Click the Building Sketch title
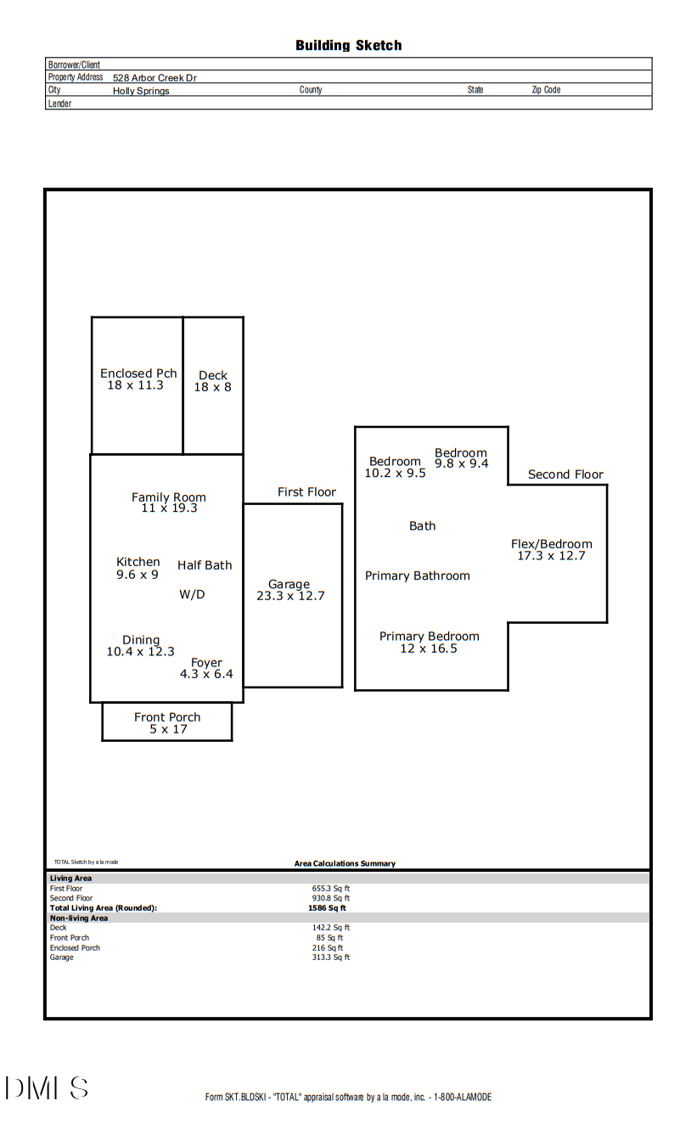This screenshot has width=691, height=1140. click(x=348, y=45)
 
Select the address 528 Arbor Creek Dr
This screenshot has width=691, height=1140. click(x=154, y=77)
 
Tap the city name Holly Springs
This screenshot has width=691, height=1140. click(x=141, y=91)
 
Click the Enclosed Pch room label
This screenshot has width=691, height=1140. click(x=138, y=373)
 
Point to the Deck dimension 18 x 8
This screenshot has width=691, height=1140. click(x=212, y=387)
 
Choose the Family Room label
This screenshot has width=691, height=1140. click(x=168, y=497)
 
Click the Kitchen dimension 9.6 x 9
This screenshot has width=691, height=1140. click(x=138, y=575)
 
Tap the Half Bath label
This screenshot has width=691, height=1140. click(x=205, y=565)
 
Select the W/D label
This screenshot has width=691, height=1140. click(x=192, y=594)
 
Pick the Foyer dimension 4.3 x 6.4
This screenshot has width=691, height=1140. click(x=206, y=674)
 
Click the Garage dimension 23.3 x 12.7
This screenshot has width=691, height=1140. click(x=290, y=596)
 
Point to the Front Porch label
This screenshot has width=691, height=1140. click(x=167, y=717)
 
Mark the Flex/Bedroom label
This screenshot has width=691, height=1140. click(x=552, y=544)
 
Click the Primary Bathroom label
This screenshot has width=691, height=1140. click(x=417, y=576)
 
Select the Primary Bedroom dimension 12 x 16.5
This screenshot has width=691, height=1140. click(x=429, y=649)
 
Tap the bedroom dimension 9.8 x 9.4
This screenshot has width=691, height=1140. click(x=462, y=463)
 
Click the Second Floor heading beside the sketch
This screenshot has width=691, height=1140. click(x=565, y=475)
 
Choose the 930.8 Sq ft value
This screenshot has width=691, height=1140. click(x=331, y=898)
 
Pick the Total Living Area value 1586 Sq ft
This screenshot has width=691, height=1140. click(x=327, y=907)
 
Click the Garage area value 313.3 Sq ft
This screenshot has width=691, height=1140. click(x=331, y=957)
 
